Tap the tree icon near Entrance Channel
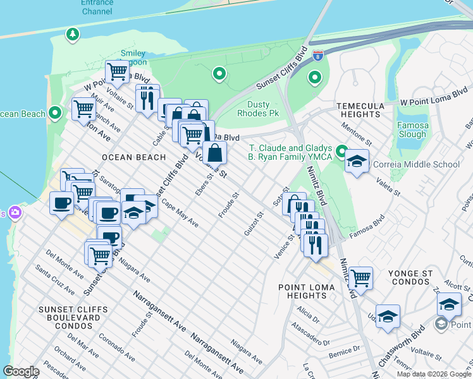(73, 33)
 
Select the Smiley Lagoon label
(132, 57)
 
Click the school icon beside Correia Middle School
(357, 161)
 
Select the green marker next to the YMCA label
(342, 152)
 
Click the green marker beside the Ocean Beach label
(55, 114)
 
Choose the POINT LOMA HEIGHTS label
(303, 291)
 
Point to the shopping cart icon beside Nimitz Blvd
(360, 277)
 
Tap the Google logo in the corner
(21, 371)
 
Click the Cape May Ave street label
(180, 215)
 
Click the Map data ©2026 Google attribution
(433, 374)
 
